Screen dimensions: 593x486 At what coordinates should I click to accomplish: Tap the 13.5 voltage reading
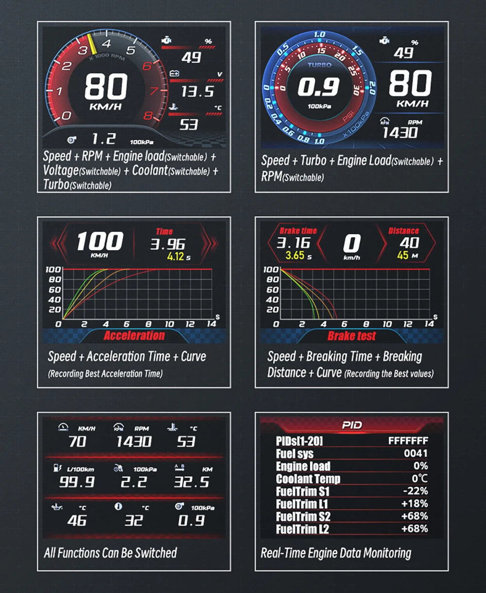pyautogui.click(x=197, y=91)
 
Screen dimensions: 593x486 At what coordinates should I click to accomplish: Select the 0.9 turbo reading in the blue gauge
pyautogui.click(x=318, y=87)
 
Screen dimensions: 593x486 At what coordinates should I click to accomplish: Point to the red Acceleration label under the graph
pyautogui.click(x=134, y=335)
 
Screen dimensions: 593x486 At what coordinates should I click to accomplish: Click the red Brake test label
pyautogui.click(x=352, y=336)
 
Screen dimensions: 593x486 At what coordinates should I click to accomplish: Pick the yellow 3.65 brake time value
pyautogui.click(x=295, y=256)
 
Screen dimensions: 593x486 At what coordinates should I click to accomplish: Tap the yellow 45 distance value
pyautogui.click(x=402, y=256)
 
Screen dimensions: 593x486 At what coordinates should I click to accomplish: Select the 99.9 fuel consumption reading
pyautogui.click(x=76, y=482)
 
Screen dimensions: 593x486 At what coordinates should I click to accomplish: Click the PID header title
pyautogui.click(x=351, y=425)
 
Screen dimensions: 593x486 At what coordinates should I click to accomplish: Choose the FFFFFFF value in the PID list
pyautogui.click(x=408, y=441)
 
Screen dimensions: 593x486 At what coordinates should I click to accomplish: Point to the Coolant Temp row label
pyautogui.click(x=308, y=479)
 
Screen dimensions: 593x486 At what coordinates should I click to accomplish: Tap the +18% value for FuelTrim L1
pyautogui.click(x=415, y=504)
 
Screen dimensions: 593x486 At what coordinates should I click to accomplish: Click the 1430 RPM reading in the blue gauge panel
pyautogui.click(x=399, y=132)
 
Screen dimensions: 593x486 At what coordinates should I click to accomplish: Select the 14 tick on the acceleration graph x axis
pyautogui.click(x=211, y=324)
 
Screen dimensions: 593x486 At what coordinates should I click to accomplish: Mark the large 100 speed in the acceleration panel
pyautogui.click(x=100, y=241)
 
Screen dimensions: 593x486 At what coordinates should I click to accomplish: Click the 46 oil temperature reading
pyautogui.click(x=77, y=520)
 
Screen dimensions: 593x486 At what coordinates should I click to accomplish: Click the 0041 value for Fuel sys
pyautogui.click(x=416, y=453)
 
